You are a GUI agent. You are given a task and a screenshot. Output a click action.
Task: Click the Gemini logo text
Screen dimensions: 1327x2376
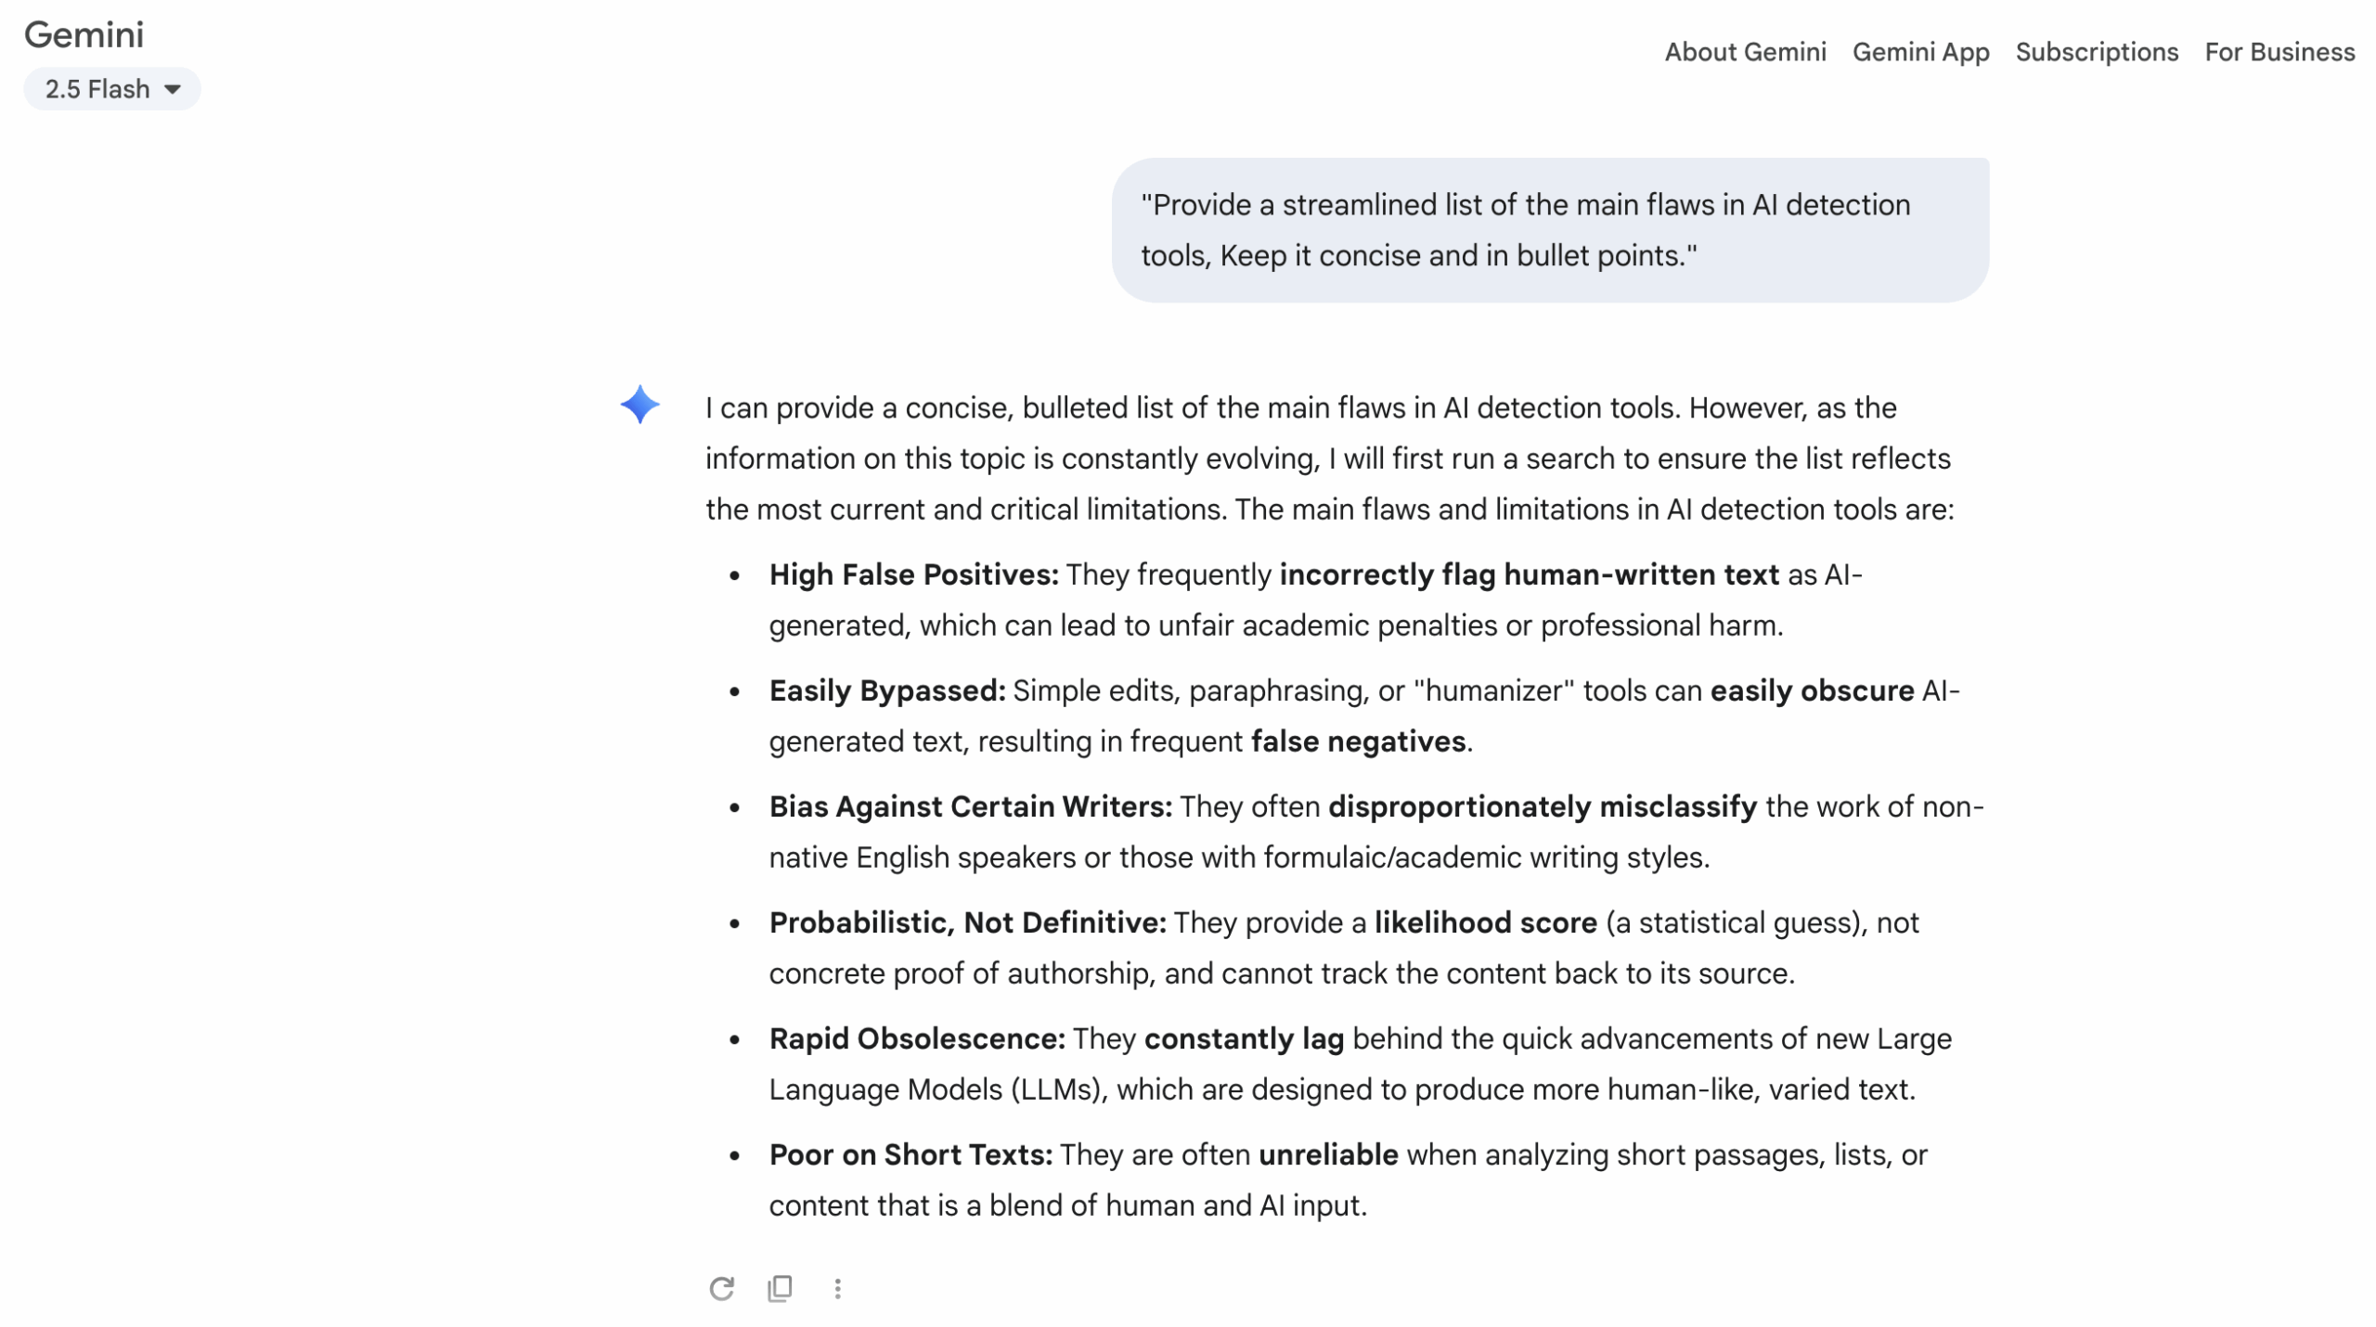(84, 35)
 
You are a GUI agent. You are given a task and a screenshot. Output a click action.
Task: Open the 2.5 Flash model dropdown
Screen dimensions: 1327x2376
(111, 89)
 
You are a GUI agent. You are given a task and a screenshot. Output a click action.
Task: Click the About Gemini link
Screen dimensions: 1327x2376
(1744, 52)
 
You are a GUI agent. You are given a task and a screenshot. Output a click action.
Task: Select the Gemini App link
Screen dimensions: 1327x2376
(1920, 52)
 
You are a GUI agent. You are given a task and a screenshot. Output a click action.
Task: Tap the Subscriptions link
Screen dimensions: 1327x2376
(2096, 52)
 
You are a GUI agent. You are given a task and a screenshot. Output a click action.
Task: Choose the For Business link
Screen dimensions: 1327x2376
(2279, 52)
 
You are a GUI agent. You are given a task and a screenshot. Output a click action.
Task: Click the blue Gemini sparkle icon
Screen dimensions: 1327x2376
(639, 405)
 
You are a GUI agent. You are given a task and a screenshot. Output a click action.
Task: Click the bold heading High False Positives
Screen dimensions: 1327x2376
(912, 574)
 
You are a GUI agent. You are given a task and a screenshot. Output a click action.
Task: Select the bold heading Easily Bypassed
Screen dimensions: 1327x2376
(886, 690)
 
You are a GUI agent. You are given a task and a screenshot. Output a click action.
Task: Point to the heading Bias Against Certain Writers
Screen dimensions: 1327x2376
(970, 806)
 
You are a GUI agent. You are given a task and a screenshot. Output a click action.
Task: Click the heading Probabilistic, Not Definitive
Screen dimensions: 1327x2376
(966, 922)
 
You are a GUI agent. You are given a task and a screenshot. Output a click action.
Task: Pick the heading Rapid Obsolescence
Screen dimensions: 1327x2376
(916, 1038)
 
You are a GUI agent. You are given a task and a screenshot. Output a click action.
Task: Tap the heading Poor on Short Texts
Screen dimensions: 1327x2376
(910, 1154)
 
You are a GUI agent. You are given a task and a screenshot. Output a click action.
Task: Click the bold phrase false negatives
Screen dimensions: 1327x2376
(1357, 741)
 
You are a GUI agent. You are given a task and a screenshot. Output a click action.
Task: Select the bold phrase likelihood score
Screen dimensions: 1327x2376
(1484, 922)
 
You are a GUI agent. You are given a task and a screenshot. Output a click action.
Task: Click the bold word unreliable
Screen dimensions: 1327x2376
(1327, 1154)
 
